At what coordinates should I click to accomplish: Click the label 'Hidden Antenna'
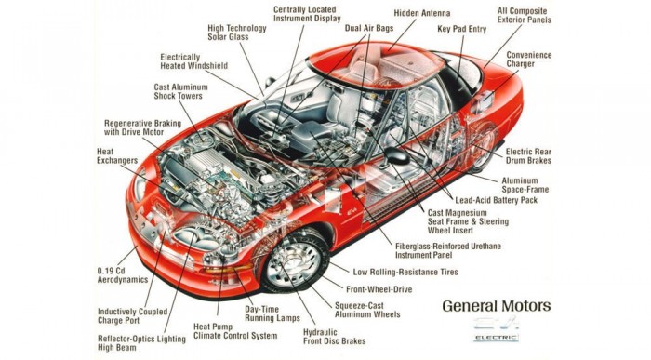tap(422, 13)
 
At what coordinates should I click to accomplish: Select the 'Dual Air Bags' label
tap(369, 28)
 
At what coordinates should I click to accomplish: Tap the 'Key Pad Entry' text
tap(461, 29)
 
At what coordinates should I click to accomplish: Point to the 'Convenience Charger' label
tap(529, 60)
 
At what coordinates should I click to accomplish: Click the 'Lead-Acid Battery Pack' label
tap(496, 200)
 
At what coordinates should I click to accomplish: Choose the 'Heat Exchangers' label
tap(117, 156)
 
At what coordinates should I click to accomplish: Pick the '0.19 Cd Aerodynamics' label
tap(123, 274)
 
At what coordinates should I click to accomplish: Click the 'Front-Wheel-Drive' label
tap(379, 289)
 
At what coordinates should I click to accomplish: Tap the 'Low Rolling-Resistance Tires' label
tap(405, 272)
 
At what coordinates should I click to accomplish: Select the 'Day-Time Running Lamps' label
tap(272, 313)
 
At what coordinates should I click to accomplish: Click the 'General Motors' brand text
tap(497, 306)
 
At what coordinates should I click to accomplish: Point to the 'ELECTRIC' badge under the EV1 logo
tap(496, 338)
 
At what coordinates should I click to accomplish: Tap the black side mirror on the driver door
tap(396, 155)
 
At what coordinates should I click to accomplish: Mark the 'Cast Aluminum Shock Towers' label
tap(180, 91)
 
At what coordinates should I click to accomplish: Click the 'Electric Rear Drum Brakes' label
tap(528, 156)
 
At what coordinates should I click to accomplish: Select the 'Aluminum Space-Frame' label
tap(525, 185)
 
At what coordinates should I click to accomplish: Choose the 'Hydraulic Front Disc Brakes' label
tap(334, 337)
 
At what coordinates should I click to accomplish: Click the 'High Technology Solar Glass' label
tap(237, 33)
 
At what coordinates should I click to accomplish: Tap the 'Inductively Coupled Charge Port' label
tap(132, 316)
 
